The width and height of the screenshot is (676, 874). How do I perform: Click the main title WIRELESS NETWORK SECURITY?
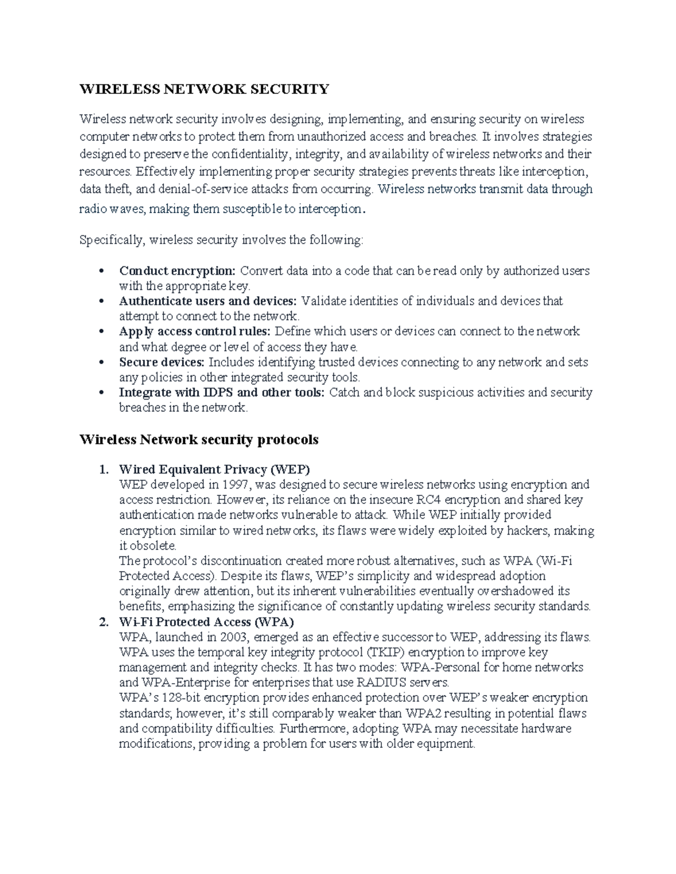[x=204, y=89]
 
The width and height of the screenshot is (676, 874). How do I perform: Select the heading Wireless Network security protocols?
[x=199, y=440]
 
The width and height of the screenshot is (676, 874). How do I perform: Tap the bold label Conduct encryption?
[x=177, y=271]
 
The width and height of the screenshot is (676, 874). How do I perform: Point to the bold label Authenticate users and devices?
[x=209, y=301]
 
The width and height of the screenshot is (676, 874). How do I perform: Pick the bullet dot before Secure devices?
[x=101, y=362]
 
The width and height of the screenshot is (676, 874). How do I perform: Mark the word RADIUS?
[x=378, y=683]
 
